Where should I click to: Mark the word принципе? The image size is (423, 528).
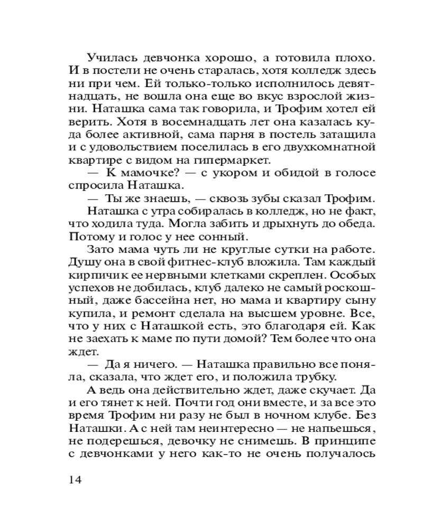347,440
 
